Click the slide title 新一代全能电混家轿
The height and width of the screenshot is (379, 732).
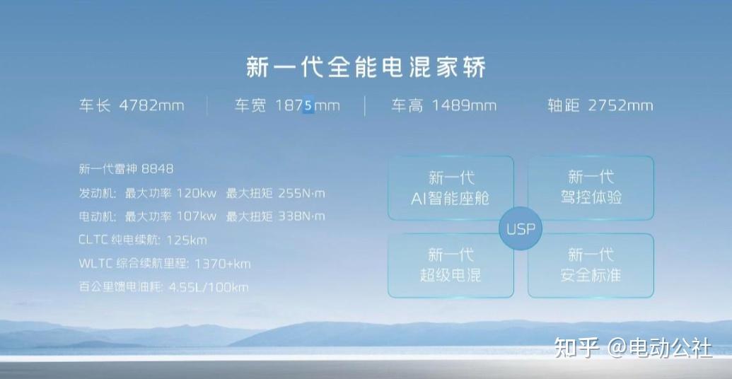pyautogui.click(x=366, y=68)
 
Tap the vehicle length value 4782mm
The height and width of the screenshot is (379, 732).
pyautogui.click(x=151, y=106)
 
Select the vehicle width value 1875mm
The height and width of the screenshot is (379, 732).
pyautogui.click(x=308, y=106)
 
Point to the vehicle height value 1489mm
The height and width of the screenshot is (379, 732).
pyautogui.click(x=464, y=106)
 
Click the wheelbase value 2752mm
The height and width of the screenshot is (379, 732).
pyautogui.click(x=620, y=106)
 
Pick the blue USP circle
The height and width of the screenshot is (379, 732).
pyautogui.click(x=521, y=229)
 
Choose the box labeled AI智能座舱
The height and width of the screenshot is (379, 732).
pyautogui.click(x=451, y=188)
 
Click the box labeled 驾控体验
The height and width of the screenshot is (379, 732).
pyautogui.click(x=591, y=188)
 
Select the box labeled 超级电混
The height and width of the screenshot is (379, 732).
pyautogui.click(x=451, y=265)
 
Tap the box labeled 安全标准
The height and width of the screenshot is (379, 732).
pyautogui.click(x=591, y=265)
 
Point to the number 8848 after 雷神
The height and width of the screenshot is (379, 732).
pyautogui.click(x=157, y=169)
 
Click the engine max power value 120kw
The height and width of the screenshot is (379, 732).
pyautogui.click(x=197, y=193)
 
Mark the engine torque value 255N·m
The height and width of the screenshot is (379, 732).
pyautogui.click(x=301, y=193)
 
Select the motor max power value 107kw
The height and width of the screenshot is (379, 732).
pyautogui.click(x=197, y=216)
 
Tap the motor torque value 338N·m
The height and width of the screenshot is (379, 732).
pyautogui.click(x=301, y=216)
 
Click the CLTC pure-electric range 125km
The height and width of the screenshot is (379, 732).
pyautogui.click(x=186, y=240)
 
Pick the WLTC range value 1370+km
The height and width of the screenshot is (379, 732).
pyautogui.click(x=222, y=264)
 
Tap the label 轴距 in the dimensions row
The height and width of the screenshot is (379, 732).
pyautogui.click(x=564, y=106)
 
